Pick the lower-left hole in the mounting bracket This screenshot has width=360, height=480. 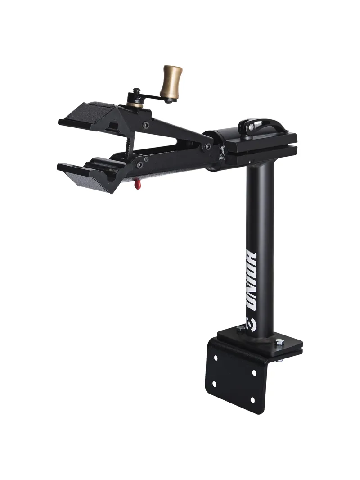(214, 384)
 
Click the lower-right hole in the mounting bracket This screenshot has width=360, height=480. (252, 399)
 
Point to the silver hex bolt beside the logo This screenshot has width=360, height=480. (239, 330)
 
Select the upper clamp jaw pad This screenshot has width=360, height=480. (88, 116)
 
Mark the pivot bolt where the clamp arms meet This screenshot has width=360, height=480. (208, 146)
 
